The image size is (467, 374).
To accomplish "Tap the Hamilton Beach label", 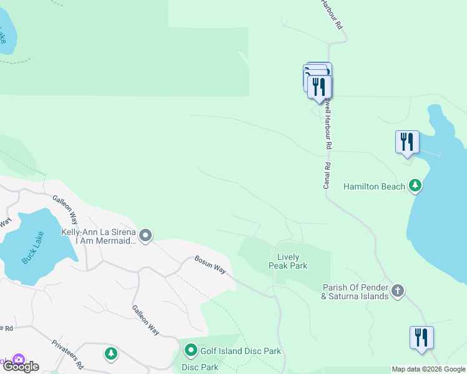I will point(375,186).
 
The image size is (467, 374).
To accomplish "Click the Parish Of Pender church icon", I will point(398,290).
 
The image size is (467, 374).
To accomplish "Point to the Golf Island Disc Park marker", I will point(190,351).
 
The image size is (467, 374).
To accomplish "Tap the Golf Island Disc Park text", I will point(240,352).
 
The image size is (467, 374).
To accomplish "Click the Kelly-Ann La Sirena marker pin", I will point(145,236).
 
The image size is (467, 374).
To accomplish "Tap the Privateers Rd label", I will point(67,353).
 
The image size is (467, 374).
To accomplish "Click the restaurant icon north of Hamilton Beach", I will point(407,141).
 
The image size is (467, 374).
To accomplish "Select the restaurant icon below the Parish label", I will point(421,338).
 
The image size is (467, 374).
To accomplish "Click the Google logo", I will point(21,367).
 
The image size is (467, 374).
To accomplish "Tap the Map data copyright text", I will point(428,369).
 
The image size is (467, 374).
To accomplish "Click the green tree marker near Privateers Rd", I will point(111,353).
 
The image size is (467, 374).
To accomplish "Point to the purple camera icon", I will point(18,360).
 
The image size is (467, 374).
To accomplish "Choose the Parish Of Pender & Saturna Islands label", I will point(355,292).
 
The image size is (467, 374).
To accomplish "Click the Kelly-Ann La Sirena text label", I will point(99,236).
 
